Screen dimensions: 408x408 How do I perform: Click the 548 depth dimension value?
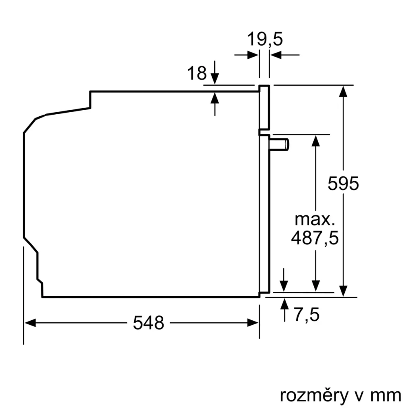click(x=149, y=323)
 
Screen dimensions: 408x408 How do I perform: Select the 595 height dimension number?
click(x=344, y=184)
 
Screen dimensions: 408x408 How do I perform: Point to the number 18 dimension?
click(x=197, y=73)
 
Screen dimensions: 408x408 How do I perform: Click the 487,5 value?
click(x=315, y=237)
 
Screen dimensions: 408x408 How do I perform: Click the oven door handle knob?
click(x=281, y=144)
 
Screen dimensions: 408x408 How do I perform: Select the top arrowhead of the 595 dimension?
click(x=344, y=91)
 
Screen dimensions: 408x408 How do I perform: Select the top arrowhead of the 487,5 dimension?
click(x=315, y=140)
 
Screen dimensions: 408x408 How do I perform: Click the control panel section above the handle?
click(x=264, y=108)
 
